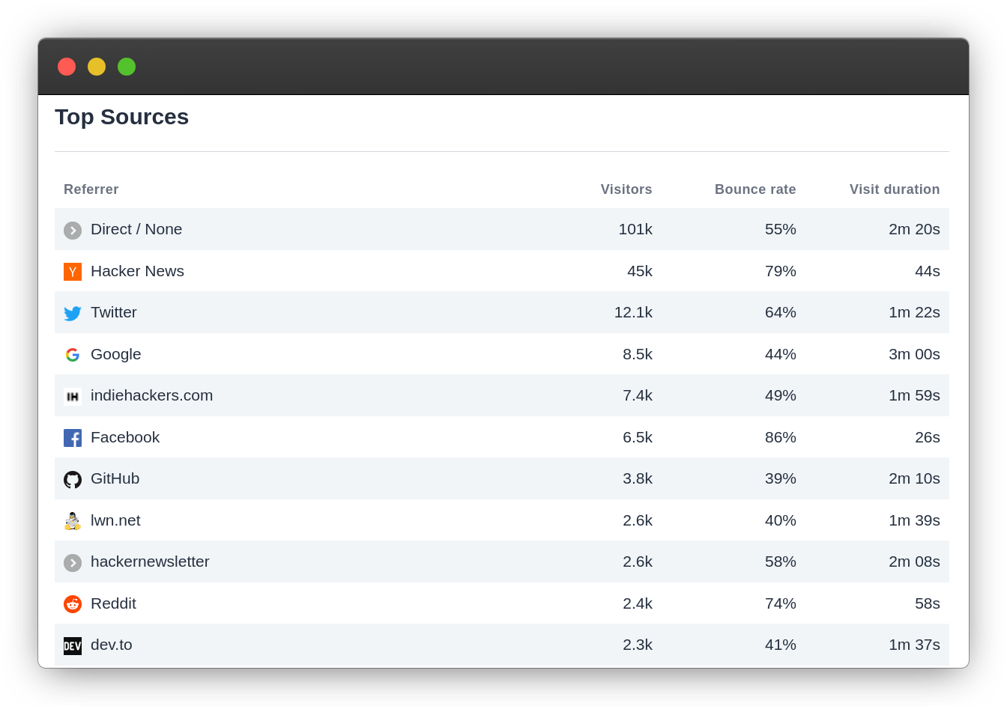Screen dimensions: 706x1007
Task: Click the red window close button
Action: tap(67, 67)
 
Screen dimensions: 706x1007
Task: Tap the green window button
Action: tap(127, 67)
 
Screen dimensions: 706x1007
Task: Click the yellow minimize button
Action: tap(97, 67)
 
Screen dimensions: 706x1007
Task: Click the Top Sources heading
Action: tap(121, 117)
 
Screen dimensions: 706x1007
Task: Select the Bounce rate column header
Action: tap(755, 189)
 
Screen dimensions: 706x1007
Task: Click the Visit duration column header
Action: tap(894, 189)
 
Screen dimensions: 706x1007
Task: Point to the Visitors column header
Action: tap(626, 189)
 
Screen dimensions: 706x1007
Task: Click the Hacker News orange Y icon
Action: tap(73, 272)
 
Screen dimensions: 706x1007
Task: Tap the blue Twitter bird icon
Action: tap(73, 313)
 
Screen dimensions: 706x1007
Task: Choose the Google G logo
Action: tap(73, 355)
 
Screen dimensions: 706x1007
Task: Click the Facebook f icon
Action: tap(73, 438)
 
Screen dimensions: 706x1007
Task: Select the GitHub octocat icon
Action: tap(73, 479)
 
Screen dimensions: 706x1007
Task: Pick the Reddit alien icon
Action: tap(73, 604)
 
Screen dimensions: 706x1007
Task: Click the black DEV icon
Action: tap(73, 645)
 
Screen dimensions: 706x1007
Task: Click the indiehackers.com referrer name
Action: tap(151, 395)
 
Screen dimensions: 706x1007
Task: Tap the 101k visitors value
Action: tap(635, 229)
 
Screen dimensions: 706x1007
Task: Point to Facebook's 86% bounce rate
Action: tap(780, 437)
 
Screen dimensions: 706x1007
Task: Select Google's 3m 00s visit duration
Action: tap(914, 354)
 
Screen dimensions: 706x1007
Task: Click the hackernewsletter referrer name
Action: tap(150, 562)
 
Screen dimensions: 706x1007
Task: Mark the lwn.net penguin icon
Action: tap(73, 521)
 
